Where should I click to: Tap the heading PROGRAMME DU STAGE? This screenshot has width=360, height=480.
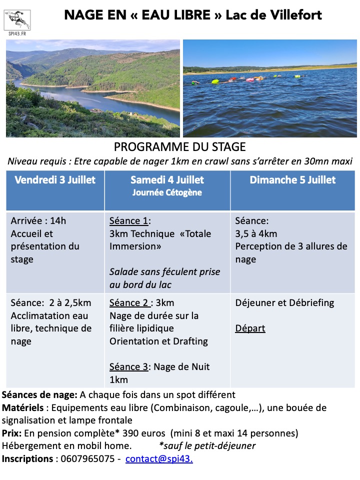pyautogui.click(x=180, y=147)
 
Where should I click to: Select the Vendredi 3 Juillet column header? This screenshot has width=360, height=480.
pyautogui.click(x=55, y=180)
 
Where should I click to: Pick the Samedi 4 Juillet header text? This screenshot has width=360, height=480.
pyautogui.click(x=167, y=180)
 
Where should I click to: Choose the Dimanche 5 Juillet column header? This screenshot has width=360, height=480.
pyautogui.click(x=292, y=180)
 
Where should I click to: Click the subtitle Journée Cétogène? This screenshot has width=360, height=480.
pyautogui.click(x=167, y=192)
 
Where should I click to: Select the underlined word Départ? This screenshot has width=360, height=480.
pyautogui.click(x=250, y=328)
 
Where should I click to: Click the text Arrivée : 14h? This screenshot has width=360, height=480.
pyautogui.click(x=38, y=220)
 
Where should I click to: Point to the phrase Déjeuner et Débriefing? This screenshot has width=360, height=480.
pyautogui.click(x=284, y=302)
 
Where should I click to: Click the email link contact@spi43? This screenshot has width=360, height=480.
pyautogui.click(x=159, y=458)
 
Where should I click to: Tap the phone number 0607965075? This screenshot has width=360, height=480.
pyautogui.click(x=86, y=458)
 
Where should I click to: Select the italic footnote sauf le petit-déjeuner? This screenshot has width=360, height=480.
pyautogui.click(x=207, y=445)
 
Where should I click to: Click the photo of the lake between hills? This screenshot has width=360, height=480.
pyautogui.click(x=93, y=88)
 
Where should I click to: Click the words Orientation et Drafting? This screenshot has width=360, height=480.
pyautogui.click(x=158, y=341)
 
